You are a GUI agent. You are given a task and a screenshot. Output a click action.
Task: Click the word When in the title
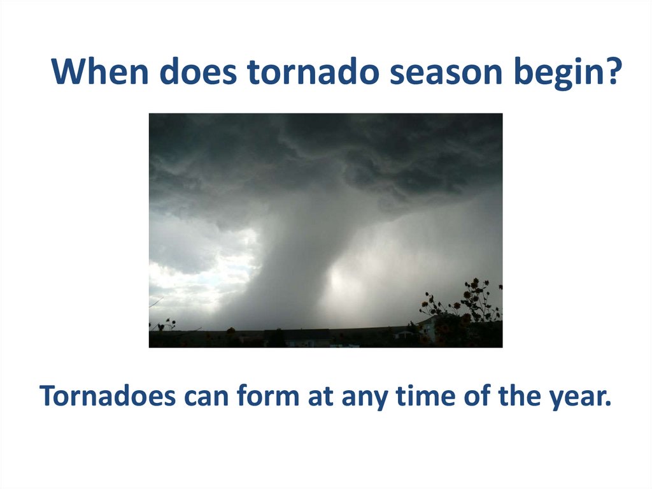coord(100,71)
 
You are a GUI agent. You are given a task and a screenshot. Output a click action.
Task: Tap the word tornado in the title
coord(313,71)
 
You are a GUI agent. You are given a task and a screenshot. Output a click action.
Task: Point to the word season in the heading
coord(446,74)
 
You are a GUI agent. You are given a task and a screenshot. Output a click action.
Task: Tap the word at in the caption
coord(321,397)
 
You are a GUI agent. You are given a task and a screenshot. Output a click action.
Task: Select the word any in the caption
coord(365,400)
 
